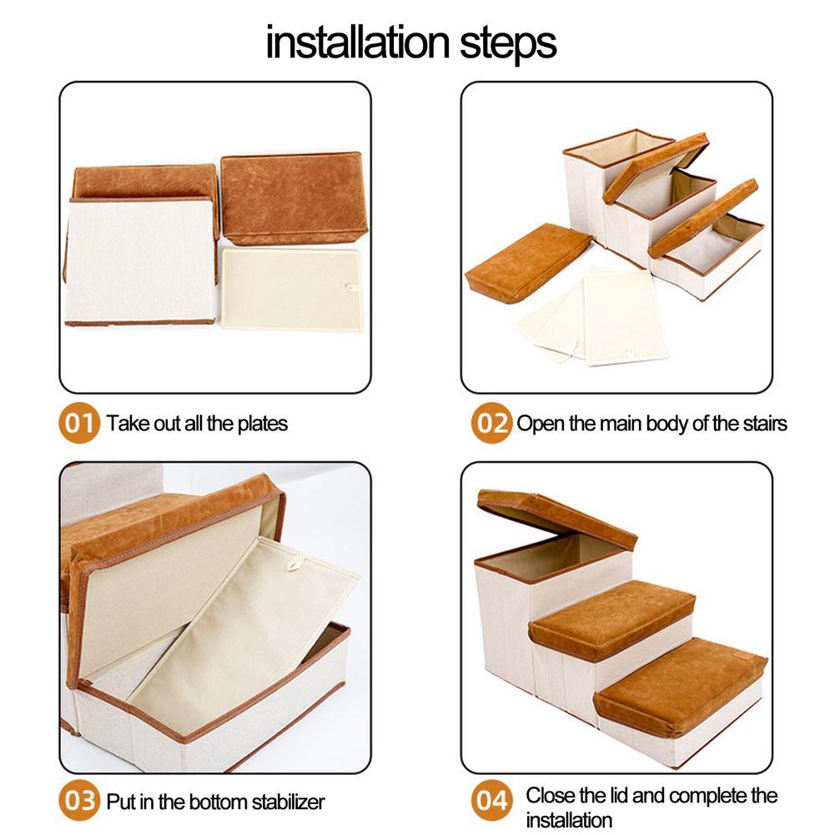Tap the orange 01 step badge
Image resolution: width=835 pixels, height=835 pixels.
tap(80, 423)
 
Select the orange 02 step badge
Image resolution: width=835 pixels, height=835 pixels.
tap(490, 423)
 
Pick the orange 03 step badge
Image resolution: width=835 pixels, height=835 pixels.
tap(80, 802)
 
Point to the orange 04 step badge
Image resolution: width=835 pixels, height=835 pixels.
tap(492, 802)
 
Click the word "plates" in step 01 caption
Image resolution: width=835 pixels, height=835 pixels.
tap(262, 424)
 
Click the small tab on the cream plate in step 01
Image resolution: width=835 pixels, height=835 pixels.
tap(351, 287)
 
